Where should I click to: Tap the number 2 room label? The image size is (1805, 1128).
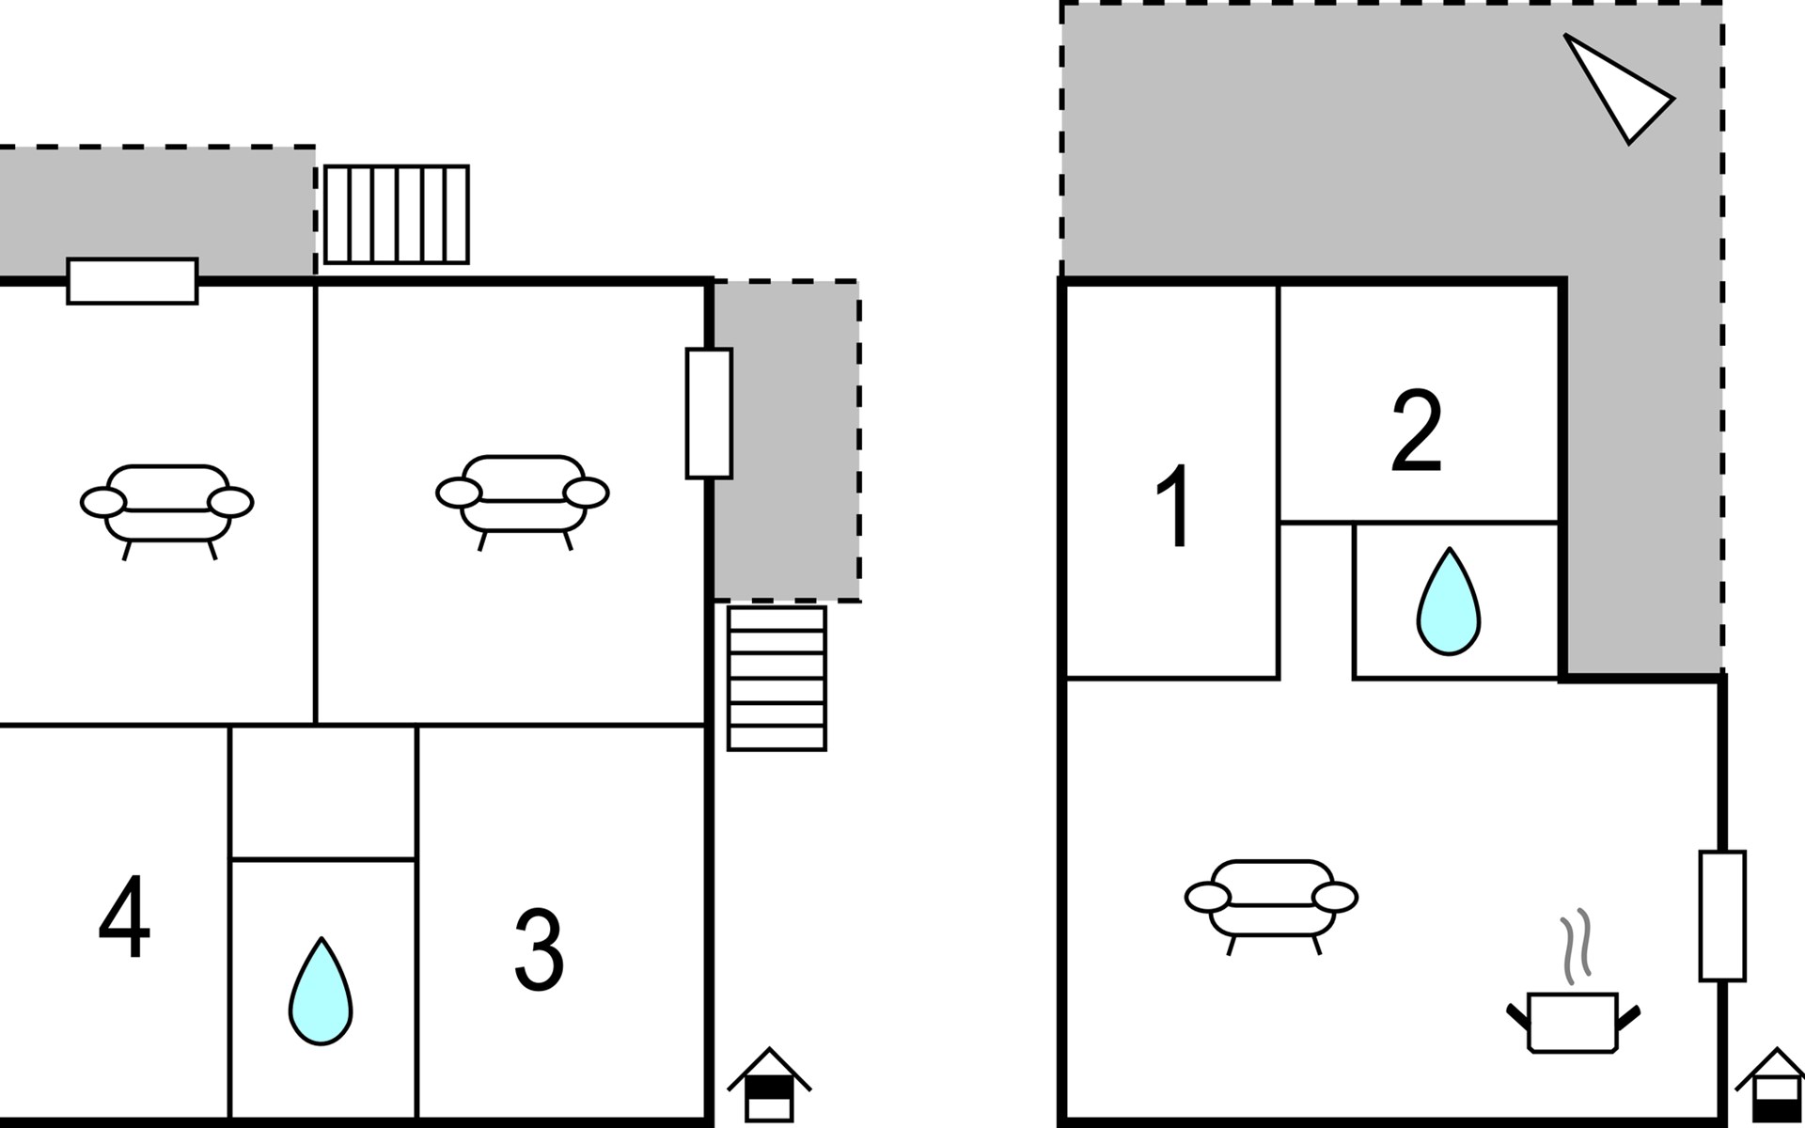click(1416, 431)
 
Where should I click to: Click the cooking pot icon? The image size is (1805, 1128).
click(1573, 1022)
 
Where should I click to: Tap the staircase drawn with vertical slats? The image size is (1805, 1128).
click(396, 214)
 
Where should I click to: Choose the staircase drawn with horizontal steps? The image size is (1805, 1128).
click(777, 678)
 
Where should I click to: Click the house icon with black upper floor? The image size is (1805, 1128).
click(769, 1085)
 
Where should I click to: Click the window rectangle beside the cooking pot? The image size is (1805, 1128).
click(1722, 916)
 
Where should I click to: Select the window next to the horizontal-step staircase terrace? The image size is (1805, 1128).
click(709, 414)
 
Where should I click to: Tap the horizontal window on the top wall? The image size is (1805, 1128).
click(133, 281)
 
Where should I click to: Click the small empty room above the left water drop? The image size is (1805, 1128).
click(322, 792)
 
